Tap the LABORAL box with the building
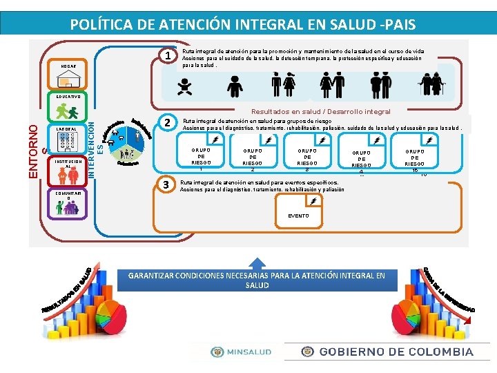tap(68, 141)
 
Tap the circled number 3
tap(165, 184)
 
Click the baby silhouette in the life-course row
tap(184, 86)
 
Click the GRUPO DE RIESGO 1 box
tap(200, 153)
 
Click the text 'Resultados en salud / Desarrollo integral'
tap(320, 111)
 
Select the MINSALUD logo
tap(242, 352)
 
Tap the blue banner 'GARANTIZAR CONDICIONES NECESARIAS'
tap(257, 280)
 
